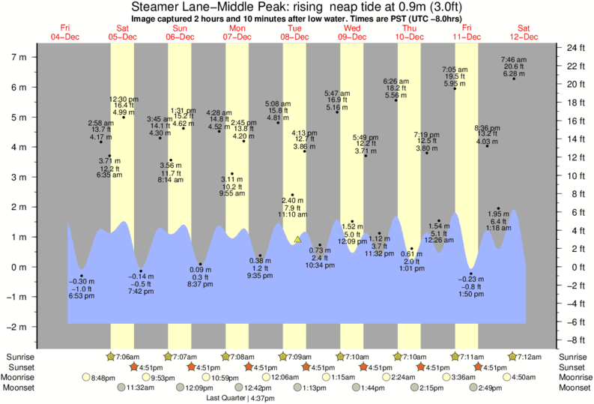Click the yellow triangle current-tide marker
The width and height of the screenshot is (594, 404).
pos(297,240)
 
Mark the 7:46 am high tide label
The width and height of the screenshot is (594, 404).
pos(515,59)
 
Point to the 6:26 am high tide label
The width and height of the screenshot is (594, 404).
pos(396,81)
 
